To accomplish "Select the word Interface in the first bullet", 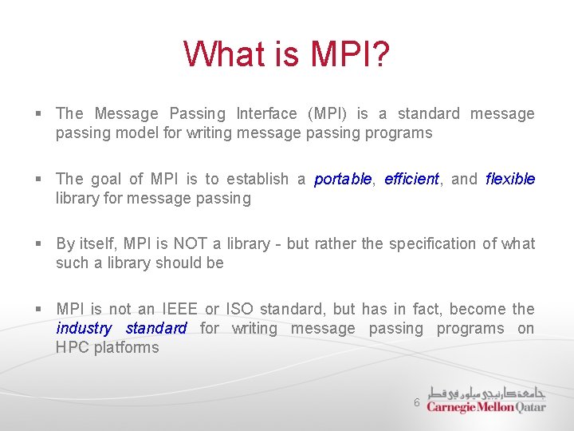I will [x=266, y=114].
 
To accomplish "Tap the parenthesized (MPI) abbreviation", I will [x=327, y=114].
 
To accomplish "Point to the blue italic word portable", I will [x=343, y=180].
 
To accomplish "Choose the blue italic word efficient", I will [x=411, y=180].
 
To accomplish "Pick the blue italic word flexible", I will [x=510, y=180].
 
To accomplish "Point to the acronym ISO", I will [x=240, y=310].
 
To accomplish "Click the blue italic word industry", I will [x=84, y=329].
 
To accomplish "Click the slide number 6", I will [x=416, y=403].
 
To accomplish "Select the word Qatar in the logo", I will [x=531, y=407].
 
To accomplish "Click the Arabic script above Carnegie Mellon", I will [x=486, y=393].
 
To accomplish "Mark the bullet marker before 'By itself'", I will [x=38, y=244].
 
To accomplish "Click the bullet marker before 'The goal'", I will [x=38, y=180].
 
